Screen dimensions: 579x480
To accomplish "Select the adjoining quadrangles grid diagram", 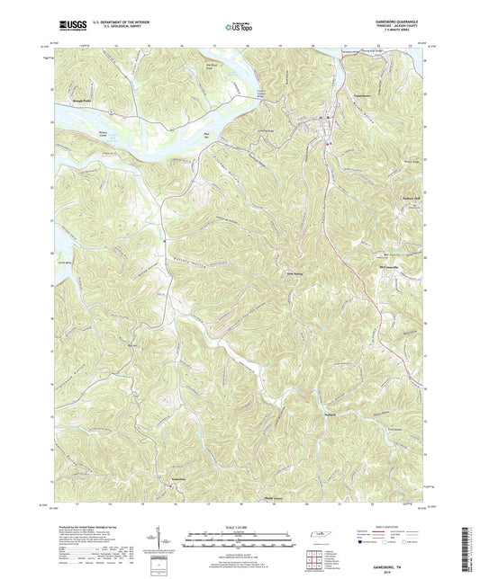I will tap(315, 561).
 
